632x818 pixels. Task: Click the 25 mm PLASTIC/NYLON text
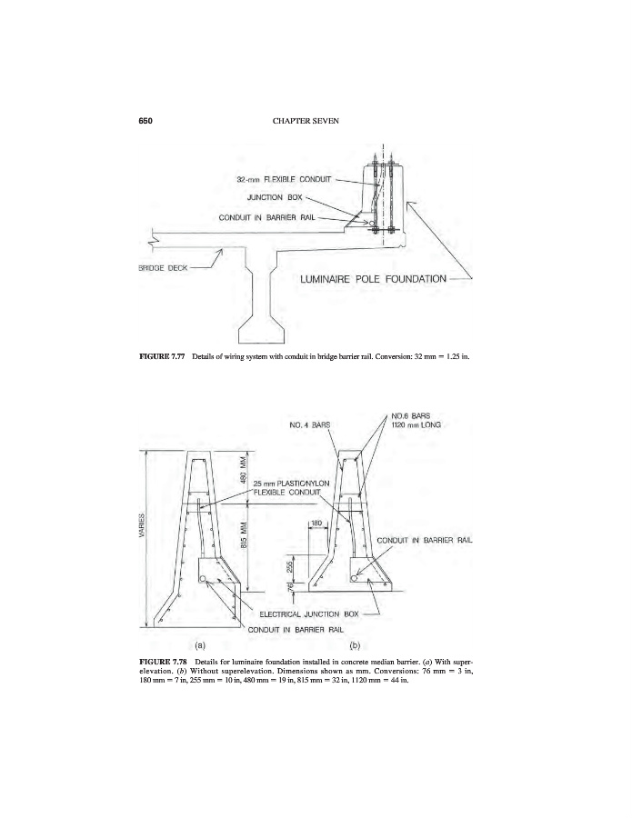294,484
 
